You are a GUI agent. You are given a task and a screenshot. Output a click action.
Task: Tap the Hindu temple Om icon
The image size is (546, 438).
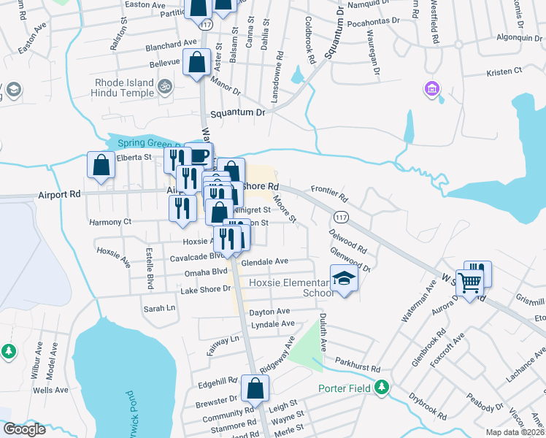click(x=166, y=86)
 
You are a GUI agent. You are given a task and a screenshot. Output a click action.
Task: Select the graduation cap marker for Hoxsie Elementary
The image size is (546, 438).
click(x=344, y=279)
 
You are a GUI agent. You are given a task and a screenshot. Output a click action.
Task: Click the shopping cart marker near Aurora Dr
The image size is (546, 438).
click(x=471, y=283)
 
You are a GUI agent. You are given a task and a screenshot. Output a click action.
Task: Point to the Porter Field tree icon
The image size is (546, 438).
click(x=380, y=387)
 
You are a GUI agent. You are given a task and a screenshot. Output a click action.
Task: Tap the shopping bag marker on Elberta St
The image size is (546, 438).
click(x=101, y=166)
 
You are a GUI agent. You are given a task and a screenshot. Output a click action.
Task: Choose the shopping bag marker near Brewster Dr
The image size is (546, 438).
click(x=255, y=391)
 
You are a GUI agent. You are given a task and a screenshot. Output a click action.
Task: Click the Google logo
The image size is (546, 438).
click(x=24, y=429)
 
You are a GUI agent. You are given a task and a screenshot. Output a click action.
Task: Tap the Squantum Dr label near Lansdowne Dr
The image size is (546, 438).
click(x=237, y=114)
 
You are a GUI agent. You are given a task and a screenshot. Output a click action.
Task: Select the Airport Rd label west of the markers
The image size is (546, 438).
click(x=58, y=196)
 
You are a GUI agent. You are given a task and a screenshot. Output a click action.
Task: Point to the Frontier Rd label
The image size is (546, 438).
click(x=330, y=193)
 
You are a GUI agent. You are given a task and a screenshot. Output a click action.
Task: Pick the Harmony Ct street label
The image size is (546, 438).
click(x=109, y=221)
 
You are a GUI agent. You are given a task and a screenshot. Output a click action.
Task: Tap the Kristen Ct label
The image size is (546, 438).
click(x=505, y=72)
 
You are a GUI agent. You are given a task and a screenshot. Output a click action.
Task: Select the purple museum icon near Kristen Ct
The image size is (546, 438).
click(x=431, y=89)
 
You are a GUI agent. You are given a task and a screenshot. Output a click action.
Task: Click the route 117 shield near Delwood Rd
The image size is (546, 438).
click(x=341, y=217)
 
